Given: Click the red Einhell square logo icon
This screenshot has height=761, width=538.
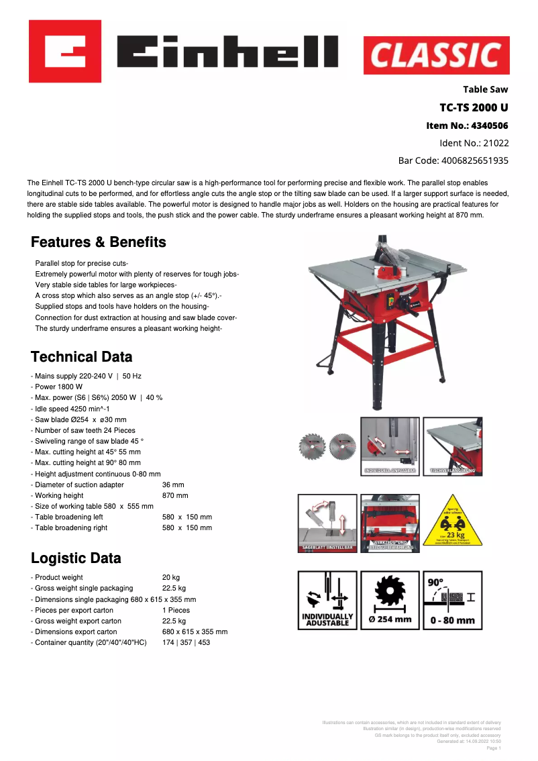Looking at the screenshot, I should (x=65, y=51).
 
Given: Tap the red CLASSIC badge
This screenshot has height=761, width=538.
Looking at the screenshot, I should (x=437, y=56).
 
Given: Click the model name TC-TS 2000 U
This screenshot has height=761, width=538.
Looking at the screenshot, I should (x=474, y=107).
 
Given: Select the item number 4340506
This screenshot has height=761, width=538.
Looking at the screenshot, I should (x=490, y=125).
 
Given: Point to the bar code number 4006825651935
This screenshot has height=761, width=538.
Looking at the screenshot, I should (x=475, y=160).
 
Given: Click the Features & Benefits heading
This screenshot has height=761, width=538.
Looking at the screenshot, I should (x=99, y=242).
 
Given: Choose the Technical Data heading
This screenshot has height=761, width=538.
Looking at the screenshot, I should (x=82, y=357).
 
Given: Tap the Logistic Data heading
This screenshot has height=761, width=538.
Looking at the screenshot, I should (x=76, y=558).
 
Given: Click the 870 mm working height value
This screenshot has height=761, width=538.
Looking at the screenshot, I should (x=175, y=495).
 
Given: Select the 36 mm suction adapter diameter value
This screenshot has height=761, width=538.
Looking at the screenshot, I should (x=173, y=485).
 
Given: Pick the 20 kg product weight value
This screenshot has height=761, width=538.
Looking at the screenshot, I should (x=171, y=577).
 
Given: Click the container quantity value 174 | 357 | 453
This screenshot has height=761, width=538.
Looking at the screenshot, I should (x=186, y=642).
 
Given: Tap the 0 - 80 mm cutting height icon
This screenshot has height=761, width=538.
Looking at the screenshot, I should (x=452, y=600).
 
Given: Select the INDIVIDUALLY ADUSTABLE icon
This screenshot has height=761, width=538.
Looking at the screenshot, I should (x=327, y=600).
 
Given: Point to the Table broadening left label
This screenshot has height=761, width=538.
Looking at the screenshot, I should (x=70, y=517).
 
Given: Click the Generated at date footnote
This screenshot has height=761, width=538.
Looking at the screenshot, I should (x=468, y=741).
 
